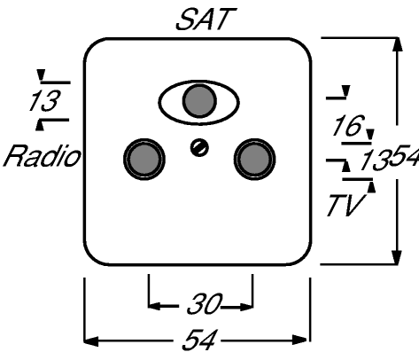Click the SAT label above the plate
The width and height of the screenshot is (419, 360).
pyautogui.click(x=206, y=20)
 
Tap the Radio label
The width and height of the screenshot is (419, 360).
pyautogui.click(x=42, y=155)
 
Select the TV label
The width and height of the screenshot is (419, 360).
pyautogui.click(x=345, y=205)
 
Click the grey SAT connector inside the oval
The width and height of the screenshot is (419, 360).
pyautogui.click(x=199, y=101)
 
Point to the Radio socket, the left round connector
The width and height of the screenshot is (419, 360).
pyautogui.click(x=144, y=160)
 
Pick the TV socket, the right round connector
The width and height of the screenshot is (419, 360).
pyautogui.click(x=254, y=160)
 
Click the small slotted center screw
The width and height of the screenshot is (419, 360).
pyautogui.click(x=199, y=148)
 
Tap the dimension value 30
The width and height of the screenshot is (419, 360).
pyautogui.click(x=204, y=304)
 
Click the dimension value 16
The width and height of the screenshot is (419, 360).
pyautogui.click(x=347, y=125)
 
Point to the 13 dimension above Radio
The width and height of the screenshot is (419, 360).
pyautogui.click(x=44, y=101)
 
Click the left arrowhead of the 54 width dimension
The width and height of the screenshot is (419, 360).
pyautogui.click(x=91, y=340)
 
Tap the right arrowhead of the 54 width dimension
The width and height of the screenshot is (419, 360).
pyautogui.click(x=299, y=340)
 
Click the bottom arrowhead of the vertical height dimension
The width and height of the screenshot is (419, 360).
pyautogui.click(x=397, y=257)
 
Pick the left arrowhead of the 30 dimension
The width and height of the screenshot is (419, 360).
pyautogui.click(x=155, y=306)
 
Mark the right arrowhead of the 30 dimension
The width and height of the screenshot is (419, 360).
pyautogui.click(x=246, y=307)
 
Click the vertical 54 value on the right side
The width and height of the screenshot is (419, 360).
pyautogui.click(x=404, y=156)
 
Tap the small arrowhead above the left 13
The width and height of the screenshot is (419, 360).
pyautogui.click(x=41, y=74)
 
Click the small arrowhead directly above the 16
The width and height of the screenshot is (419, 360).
pyautogui.click(x=345, y=90)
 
